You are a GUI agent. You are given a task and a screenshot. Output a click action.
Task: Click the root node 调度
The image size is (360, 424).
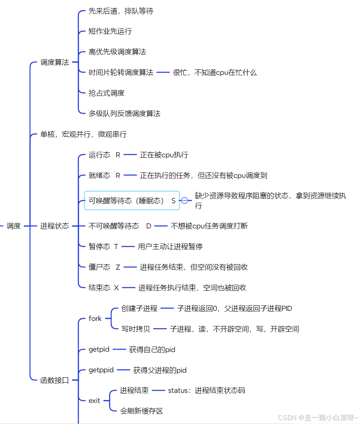coord(13,226)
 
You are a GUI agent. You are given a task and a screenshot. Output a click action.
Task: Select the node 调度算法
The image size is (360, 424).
coord(55,62)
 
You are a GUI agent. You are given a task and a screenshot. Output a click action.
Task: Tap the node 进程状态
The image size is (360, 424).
coord(55,226)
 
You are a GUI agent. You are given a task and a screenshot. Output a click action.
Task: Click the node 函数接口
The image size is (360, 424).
coord(55,380)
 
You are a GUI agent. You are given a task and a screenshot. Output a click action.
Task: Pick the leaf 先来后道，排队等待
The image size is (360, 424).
coord(121,11)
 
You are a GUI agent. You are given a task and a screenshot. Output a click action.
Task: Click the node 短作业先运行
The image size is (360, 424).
coord(110,31)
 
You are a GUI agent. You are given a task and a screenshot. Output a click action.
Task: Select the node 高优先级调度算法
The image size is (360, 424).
coord(117,52)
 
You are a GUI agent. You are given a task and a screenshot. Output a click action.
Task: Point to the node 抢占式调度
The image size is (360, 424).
coord(106,93)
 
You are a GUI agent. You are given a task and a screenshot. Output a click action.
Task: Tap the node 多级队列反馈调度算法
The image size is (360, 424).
coord(124,114)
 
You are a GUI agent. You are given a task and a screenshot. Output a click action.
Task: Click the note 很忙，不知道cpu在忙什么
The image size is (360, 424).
coord(214,72)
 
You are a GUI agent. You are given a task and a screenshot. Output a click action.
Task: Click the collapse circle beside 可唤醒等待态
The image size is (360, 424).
coord(185,201)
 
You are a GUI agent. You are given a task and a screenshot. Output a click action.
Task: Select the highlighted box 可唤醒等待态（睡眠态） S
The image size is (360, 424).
coord(132,201)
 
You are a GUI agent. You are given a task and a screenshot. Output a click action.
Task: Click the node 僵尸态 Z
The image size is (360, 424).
coord(104,267)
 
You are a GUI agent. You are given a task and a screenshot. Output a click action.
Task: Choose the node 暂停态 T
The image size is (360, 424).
coord(103,246)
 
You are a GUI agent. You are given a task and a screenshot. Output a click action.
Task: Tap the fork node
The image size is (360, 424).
coord(95,318)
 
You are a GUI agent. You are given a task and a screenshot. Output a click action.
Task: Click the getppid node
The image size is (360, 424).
coord(101,370)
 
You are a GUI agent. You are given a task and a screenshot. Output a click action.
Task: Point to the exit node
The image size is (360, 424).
coord(94,400)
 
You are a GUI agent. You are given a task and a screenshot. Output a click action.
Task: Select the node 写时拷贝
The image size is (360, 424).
coord(135,329)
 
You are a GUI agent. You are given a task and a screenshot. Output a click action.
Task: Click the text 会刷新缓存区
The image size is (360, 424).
coord(141,411)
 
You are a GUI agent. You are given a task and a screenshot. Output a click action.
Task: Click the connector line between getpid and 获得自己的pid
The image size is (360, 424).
coord(119,350)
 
